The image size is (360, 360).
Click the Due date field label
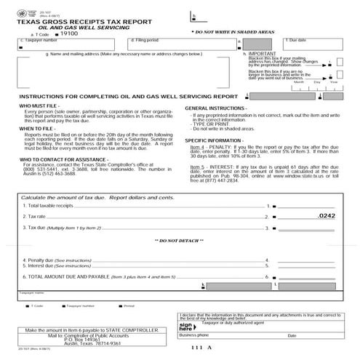pyautogui.click(x=296, y=41)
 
